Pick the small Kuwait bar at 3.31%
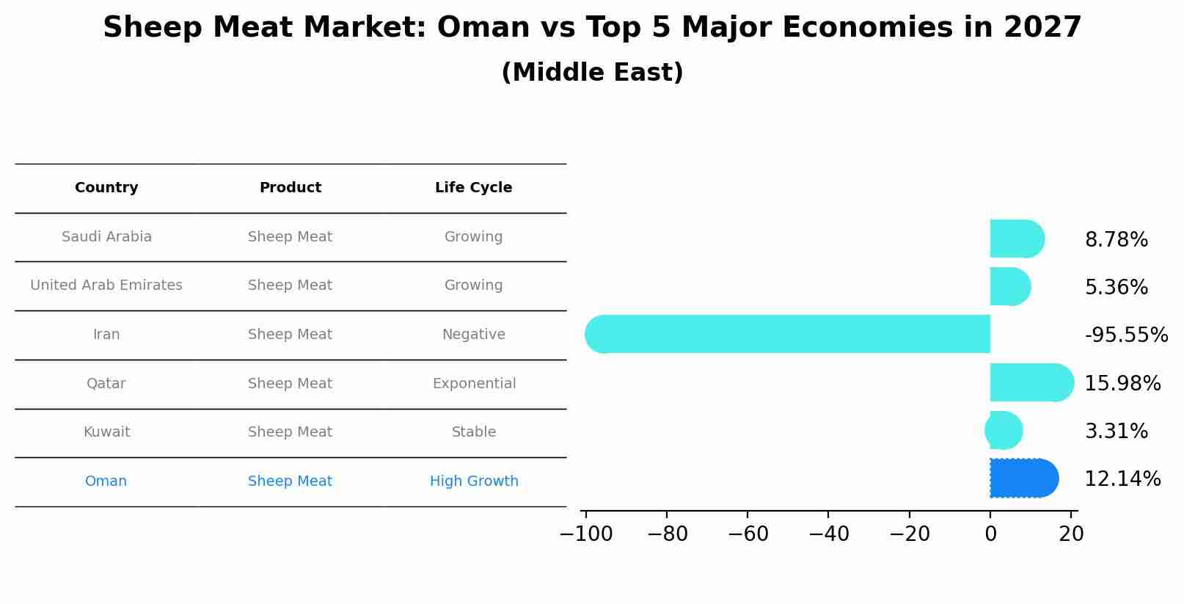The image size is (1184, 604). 1004,431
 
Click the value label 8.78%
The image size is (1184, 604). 1116,240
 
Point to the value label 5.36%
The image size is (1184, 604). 1116,288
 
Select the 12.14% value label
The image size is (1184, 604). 1122,479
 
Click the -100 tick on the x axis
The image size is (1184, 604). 585,534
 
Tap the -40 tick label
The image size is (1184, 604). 828,534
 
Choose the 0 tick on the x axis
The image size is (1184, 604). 990,534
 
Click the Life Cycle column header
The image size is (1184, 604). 473,188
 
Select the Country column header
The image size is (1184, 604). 106,188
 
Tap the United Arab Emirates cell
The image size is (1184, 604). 106,285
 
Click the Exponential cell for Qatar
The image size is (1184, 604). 474,384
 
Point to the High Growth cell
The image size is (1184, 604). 474,481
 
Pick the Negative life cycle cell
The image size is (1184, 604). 473,335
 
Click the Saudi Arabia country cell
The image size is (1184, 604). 106,237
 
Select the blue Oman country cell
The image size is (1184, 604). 106,481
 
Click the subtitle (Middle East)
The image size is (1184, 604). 592,73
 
